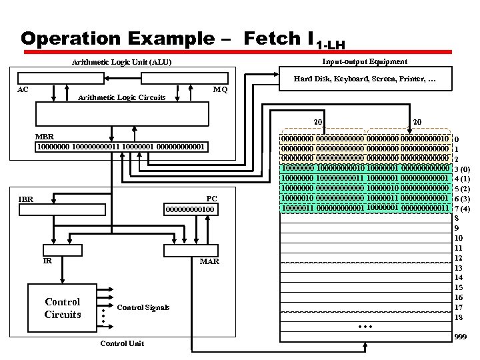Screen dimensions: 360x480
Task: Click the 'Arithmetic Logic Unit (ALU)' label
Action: pos(122,63)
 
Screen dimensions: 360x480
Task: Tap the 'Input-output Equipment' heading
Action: pos(365,61)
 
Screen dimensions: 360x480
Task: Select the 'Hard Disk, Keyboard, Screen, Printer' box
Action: pos(365,80)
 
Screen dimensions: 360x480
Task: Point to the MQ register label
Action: pos(220,89)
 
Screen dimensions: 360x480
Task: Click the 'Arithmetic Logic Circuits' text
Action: pos(122,97)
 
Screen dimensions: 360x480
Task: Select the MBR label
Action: pos(45,137)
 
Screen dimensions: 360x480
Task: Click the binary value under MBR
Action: pos(121,146)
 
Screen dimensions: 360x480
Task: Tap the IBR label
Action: pos(26,199)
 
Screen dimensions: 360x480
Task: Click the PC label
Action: pos(211,199)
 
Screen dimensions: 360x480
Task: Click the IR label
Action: pos(47,261)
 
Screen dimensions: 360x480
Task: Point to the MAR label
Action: pos(209,261)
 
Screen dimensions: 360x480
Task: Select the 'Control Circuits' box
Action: pos(62,308)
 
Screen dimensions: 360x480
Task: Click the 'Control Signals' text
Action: pos(143,307)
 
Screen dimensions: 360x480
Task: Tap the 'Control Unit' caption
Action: pos(121,343)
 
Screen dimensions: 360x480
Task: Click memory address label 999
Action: pos(460,338)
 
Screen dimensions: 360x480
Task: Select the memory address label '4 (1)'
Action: pos(462,179)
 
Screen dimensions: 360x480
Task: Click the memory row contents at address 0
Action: pos(365,138)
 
